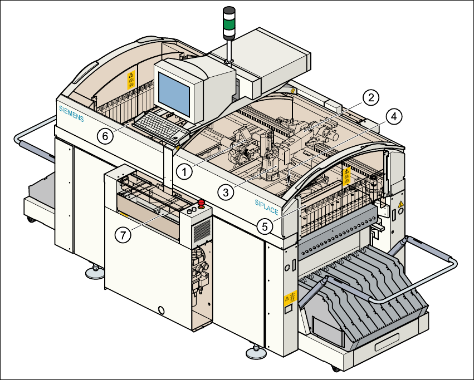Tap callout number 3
(x=225, y=193)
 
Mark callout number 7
(x=124, y=234)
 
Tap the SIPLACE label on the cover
(x=266, y=208)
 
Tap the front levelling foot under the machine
(x=256, y=352)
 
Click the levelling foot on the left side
(x=92, y=272)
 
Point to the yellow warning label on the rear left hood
(x=131, y=78)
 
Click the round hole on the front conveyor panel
(x=163, y=309)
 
